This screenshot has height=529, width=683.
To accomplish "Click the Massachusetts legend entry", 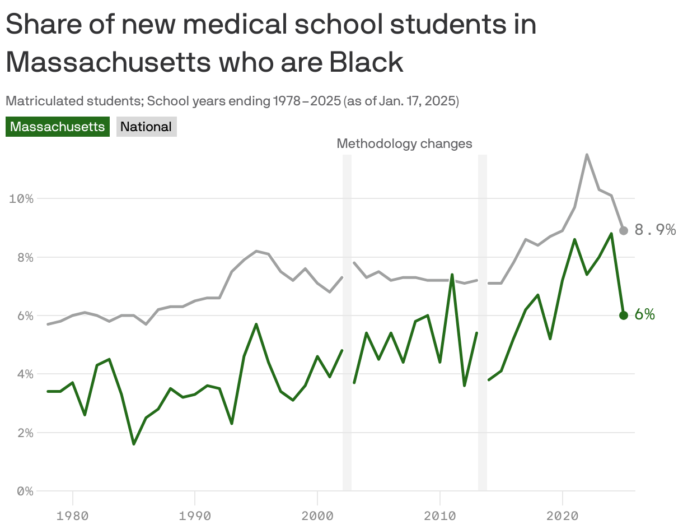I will pos(57,127).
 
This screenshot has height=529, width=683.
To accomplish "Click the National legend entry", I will pos(146,127).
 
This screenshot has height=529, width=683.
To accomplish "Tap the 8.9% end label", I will pos(654,230).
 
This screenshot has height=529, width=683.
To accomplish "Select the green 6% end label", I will pos(644,315).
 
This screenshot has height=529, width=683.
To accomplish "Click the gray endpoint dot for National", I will pos(624,230).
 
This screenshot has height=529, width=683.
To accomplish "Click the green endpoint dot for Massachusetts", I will pos(624,315).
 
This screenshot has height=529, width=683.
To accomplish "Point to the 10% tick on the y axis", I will pos(21,199).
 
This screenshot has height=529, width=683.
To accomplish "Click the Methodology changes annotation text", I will pos(404,144).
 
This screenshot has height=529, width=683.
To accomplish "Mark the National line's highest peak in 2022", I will pos(587,155).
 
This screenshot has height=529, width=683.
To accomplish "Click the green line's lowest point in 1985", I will pos(134,444).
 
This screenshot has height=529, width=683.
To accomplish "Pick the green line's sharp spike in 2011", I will pos(452,275).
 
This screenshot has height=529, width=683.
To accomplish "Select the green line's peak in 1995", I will pos(256,324).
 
